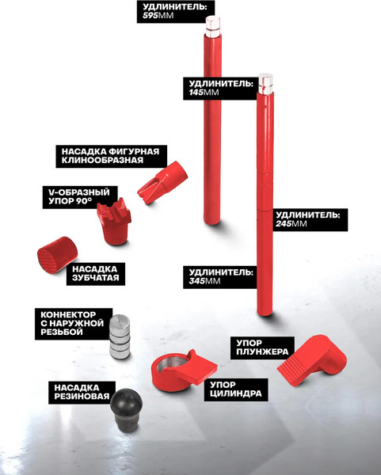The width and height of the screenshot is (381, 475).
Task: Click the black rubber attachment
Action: [x=126, y=409]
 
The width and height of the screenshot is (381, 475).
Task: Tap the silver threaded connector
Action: [x=120, y=336]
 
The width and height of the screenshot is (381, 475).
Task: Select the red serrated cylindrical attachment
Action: [x=57, y=255]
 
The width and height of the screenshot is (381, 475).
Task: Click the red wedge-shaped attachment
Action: [x=162, y=182]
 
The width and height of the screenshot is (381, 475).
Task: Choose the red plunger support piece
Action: [x=312, y=360]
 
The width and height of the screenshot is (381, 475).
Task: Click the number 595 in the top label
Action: [x=150, y=16]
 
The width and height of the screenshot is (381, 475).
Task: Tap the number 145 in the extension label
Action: [x=196, y=92]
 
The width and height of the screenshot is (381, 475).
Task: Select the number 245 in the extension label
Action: [x=284, y=223]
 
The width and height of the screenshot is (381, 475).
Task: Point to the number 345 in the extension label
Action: [x=197, y=281]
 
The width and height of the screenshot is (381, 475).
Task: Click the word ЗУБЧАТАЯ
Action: [x=96, y=278]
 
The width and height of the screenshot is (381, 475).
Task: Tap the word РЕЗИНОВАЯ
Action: [x=82, y=397]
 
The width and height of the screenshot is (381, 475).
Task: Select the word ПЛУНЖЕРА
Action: [x=262, y=351]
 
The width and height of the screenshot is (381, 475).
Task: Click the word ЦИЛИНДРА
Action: [x=236, y=393]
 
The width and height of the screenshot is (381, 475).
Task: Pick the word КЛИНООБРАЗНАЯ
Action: [x=102, y=160]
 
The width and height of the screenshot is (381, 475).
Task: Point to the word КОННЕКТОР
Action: [x=68, y=314]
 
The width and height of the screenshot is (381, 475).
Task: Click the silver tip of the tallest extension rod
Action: [x=213, y=27]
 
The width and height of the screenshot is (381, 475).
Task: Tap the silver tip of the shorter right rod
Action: [x=265, y=84]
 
